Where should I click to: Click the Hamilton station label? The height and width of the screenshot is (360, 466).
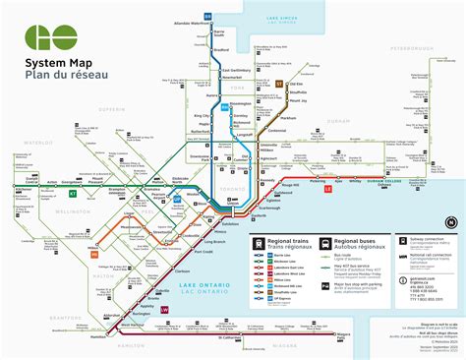click(98, 336)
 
